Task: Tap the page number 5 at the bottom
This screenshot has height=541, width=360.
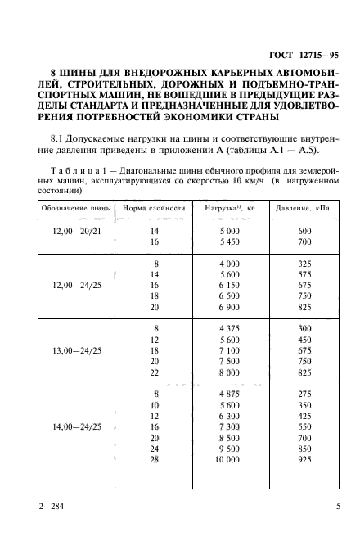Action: [x=338, y=507]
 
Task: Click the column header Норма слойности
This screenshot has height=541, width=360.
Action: [x=155, y=208]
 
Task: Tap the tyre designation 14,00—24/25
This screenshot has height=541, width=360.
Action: [x=72, y=450]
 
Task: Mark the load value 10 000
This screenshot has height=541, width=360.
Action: [x=230, y=485]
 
